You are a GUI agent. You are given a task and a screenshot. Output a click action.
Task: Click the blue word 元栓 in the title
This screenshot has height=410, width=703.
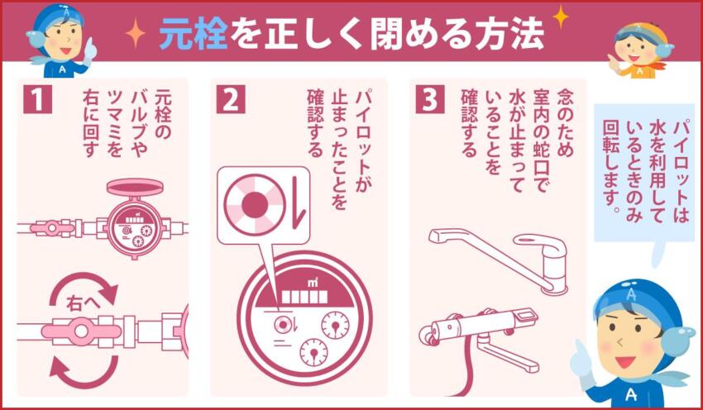tap(187, 34)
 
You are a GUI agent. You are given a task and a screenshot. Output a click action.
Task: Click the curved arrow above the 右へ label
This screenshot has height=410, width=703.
tap(83, 286)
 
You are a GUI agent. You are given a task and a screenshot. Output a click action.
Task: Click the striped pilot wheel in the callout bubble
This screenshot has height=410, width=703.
tap(256, 203)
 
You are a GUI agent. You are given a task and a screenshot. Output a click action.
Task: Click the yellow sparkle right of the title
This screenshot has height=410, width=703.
tap(560, 16)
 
